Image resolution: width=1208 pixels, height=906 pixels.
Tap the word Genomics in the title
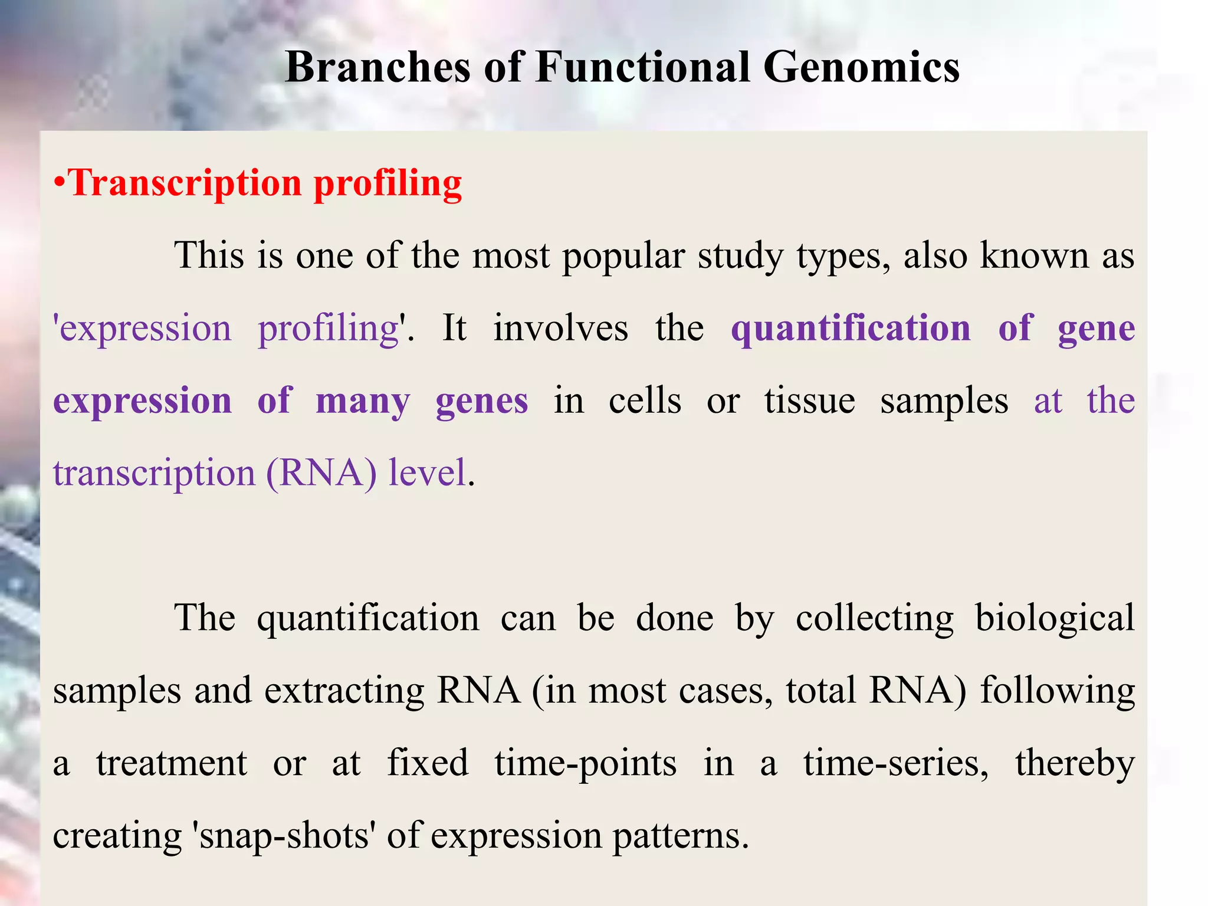[x=861, y=67]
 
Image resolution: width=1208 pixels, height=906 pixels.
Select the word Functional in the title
[x=642, y=67]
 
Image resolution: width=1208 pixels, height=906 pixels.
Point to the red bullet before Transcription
[x=58, y=183]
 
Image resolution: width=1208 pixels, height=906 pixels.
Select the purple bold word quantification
[x=851, y=329]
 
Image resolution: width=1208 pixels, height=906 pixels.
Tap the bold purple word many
[x=362, y=402]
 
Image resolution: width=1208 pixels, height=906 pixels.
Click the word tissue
[x=809, y=402]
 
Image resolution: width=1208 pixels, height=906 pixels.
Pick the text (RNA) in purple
[x=321, y=474]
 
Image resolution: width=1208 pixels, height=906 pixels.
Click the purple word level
[x=428, y=474]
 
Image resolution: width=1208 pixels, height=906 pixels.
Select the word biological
[x=1054, y=619]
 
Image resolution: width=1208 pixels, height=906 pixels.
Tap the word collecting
[x=874, y=619]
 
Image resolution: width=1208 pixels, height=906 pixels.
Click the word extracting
[x=344, y=691]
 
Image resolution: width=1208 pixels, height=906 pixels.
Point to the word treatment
[x=172, y=764]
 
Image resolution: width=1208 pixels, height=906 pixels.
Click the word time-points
[x=585, y=764]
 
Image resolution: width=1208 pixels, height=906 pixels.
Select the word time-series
[x=895, y=764]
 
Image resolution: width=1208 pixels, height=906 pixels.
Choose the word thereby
[x=1075, y=764]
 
